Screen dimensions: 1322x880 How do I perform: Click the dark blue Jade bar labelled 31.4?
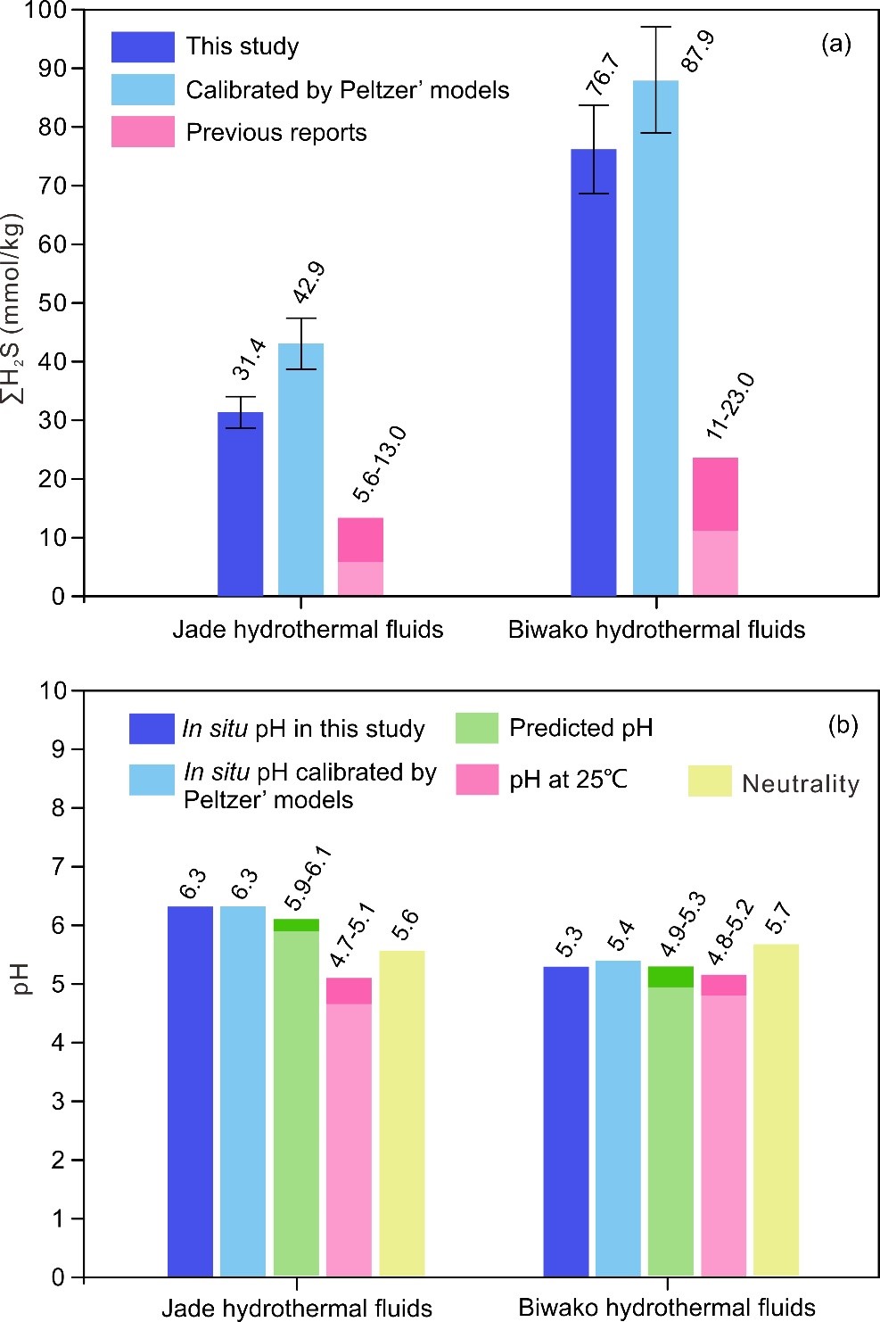240,504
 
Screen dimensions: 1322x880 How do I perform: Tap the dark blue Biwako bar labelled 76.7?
593,373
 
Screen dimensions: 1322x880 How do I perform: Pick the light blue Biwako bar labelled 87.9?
655,339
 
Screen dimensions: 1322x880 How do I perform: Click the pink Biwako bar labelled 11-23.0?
715,526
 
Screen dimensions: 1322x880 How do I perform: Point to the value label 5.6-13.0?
380,464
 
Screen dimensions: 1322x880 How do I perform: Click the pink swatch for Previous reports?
143,132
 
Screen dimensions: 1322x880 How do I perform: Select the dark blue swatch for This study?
143,46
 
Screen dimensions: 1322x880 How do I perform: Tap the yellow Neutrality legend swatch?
710,781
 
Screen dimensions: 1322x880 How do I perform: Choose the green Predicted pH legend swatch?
476,728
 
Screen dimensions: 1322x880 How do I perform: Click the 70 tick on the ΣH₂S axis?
53,186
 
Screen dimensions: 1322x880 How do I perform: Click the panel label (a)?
835,43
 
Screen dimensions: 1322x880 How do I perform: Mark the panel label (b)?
843,724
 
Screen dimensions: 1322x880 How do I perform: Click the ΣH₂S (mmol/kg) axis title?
14,308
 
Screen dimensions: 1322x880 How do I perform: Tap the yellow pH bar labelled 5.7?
776,1111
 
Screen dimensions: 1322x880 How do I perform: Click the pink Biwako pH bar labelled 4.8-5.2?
723,1126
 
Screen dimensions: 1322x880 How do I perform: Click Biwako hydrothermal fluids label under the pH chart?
667,1308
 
